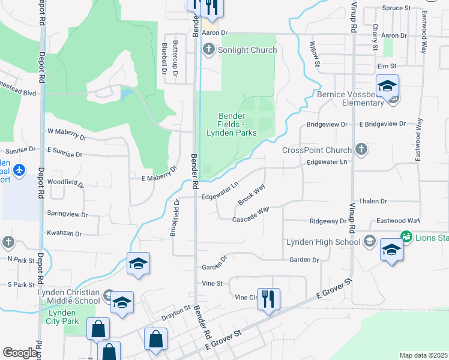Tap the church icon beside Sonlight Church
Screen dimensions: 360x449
coord(209,49)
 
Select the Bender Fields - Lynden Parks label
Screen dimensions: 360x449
coord(232,124)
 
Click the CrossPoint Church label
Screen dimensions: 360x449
coord(316,150)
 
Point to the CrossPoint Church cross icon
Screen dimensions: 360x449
coord(361,148)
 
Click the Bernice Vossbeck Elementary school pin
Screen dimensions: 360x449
coord(387,87)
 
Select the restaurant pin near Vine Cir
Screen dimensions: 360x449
coord(268,298)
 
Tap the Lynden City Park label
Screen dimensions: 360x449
coord(61,317)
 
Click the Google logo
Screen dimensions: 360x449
coord(20,353)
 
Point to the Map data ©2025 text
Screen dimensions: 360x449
coord(423,355)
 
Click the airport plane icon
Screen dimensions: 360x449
coord(19,170)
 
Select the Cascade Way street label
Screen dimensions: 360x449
coord(250,215)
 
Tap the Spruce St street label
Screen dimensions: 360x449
coord(396,8)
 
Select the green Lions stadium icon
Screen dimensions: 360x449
coord(407,237)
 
